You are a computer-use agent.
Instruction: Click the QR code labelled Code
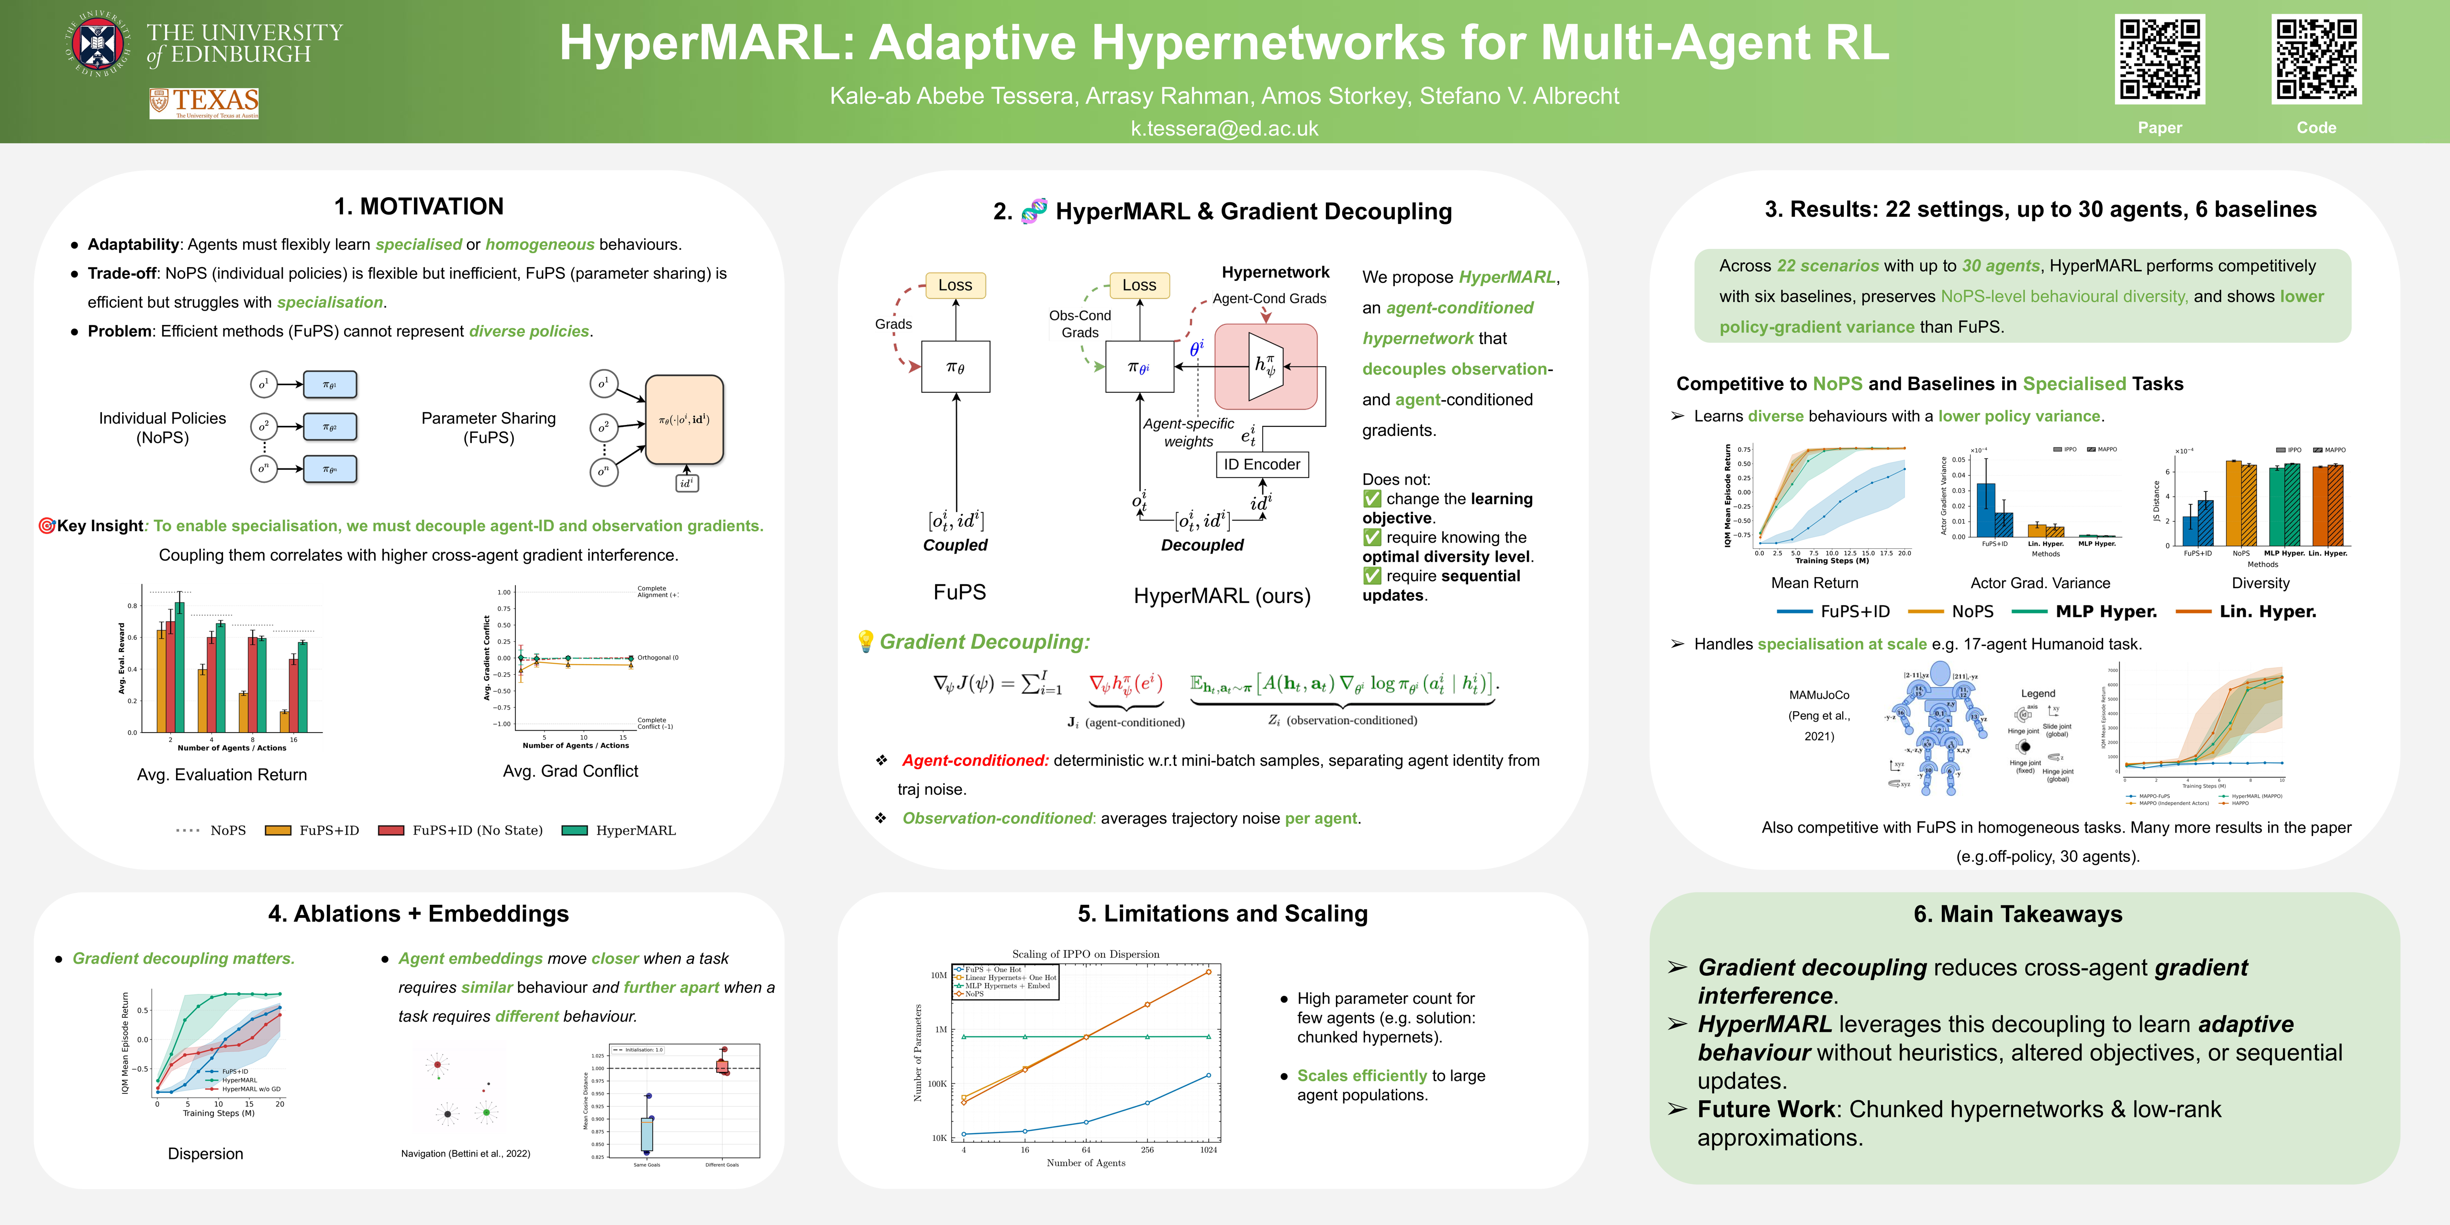click(2316, 59)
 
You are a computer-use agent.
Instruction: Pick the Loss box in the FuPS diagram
click(955, 285)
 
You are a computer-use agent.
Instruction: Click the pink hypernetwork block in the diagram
click(1266, 366)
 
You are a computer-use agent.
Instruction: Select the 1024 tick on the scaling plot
click(1208, 1150)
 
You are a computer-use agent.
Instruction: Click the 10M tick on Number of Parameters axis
click(939, 975)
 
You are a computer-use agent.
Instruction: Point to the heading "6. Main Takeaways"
click(2017, 914)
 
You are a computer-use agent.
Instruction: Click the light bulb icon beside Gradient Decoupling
click(866, 642)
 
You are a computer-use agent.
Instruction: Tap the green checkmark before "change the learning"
click(1371, 498)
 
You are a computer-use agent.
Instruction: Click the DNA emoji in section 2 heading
click(1033, 211)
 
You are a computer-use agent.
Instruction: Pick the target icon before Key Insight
click(45, 526)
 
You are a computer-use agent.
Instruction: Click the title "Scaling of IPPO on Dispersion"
click(1085, 954)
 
